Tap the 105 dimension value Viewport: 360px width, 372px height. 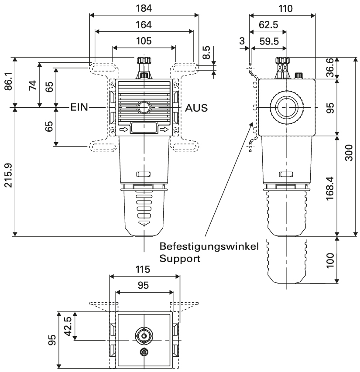[x=144, y=41]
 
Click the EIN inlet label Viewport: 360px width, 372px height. [x=79, y=107]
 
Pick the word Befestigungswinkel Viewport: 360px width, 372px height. [x=209, y=247]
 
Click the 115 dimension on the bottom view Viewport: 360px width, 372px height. [x=144, y=269]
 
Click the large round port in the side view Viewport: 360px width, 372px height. [x=286, y=107]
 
